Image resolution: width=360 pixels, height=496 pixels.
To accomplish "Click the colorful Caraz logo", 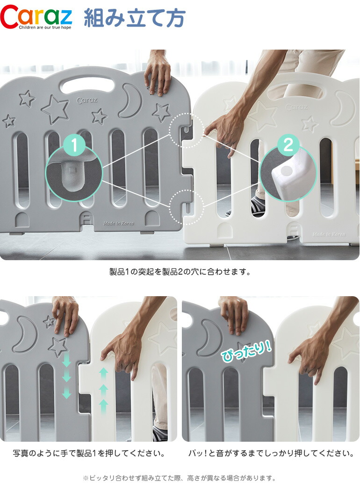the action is tap(36, 17).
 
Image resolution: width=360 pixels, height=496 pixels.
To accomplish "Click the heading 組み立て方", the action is tap(135, 18).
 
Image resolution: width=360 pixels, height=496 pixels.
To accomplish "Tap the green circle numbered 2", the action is tap(288, 145).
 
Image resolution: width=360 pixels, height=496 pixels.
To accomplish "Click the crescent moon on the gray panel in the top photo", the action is tap(130, 101).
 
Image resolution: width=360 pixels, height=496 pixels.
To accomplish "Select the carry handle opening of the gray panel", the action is tap(87, 85).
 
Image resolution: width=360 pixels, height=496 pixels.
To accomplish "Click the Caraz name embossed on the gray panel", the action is tap(87, 101).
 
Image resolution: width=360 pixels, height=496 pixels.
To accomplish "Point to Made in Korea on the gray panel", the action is tap(119, 223).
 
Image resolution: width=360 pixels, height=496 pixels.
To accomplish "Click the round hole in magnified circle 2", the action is tap(286, 171).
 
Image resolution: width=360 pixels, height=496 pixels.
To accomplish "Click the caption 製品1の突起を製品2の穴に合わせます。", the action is tap(180, 272).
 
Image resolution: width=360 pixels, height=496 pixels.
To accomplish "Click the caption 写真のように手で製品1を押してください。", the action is tap(89, 453).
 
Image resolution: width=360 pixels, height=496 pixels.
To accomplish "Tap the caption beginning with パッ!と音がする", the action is tap(271, 453).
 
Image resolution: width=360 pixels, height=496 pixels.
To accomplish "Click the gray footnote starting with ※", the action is tap(180, 478).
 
